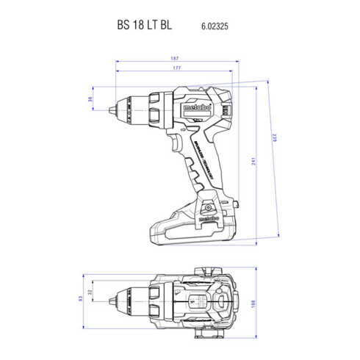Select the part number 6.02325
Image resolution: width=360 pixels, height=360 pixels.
pyautogui.click(x=215, y=24)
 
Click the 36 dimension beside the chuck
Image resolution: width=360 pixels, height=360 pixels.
pyautogui.click(x=90, y=99)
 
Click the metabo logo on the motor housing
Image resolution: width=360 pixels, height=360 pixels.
pyautogui.click(x=190, y=108)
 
